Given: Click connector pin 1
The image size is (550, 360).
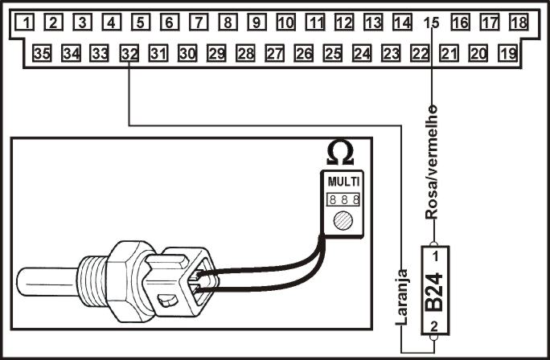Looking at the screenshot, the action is pyautogui.click(x=25, y=22).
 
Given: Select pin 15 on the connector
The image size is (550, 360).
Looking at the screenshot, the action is pyautogui.click(x=431, y=22).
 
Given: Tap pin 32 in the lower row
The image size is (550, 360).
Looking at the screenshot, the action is pyautogui.click(x=129, y=53).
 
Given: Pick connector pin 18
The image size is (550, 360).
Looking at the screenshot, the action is pyautogui.click(x=519, y=22).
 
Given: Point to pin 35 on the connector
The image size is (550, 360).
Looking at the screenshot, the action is pyautogui.click(x=42, y=53).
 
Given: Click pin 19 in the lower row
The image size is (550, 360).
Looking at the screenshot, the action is pyautogui.click(x=507, y=53).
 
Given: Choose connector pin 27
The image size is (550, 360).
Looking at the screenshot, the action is pyautogui.click(x=275, y=53).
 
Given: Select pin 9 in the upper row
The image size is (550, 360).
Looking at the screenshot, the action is pyautogui.click(x=257, y=22).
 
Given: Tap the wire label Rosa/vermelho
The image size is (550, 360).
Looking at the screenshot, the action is pyautogui.click(x=432, y=162).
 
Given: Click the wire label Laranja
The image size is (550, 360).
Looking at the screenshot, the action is pyautogui.click(x=402, y=297).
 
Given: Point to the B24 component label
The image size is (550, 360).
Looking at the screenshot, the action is pyautogui.click(x=434, y=292).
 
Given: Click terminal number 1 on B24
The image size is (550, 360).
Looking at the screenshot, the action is pyautogui.click(x=435, y=256).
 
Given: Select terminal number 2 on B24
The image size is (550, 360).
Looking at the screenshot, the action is pyautogui.click(x=434, y=326).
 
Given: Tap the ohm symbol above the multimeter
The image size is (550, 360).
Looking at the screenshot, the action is pyautogui.click(x=340, y=153).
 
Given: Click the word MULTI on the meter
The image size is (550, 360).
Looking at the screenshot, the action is pyautogui.click(x=343, y=182).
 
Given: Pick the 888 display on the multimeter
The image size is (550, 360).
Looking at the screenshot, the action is pyautogui.click(x=343, y=199).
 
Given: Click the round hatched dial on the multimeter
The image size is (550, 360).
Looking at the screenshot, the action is pyautogui.click(x=343, y=221).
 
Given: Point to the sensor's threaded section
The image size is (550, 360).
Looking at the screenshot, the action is pyautogui.click(x=92, y=281).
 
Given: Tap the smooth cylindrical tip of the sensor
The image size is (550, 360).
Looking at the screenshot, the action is pyautogui.click(x=47, y=281).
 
